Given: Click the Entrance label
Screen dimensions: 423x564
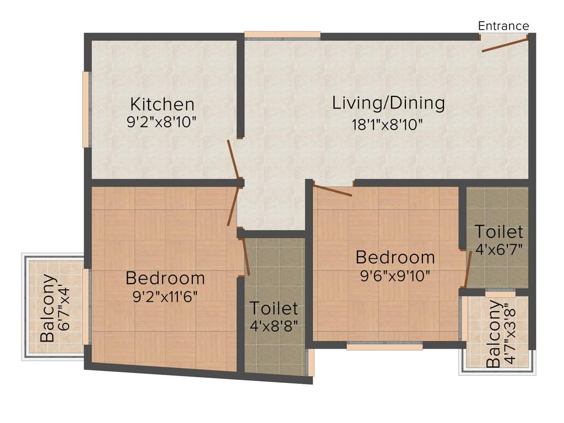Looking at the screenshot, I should tap(503, 26).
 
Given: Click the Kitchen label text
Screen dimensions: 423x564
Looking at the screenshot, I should tap(162, 104).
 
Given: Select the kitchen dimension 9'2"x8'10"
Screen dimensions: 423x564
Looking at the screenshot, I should tap(162, 122).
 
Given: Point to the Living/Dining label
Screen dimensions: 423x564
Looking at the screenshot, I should tap(388, 103).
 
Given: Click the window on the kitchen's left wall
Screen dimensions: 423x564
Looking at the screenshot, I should tap(86, 109).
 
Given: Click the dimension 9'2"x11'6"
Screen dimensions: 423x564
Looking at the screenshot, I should tap(165, 297).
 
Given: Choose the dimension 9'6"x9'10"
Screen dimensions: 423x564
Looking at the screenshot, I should tap(395, 276).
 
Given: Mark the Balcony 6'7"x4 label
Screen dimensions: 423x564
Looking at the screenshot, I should tap(56, 307).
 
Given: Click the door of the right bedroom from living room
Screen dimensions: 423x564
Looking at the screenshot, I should tap(333, 191).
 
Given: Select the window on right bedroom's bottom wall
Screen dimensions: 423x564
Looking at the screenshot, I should tap(384, 346).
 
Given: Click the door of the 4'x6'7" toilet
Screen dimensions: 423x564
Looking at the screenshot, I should tap(468, 269).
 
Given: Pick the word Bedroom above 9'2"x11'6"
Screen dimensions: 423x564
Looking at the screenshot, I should tap(165, 278).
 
